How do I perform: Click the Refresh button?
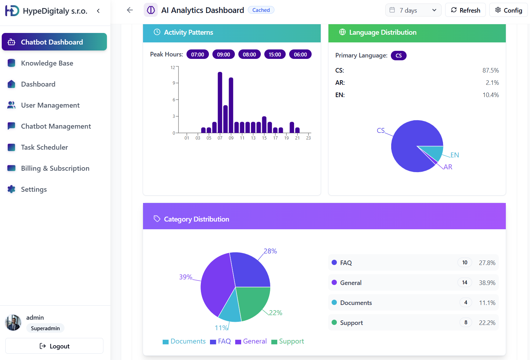tap(465, 10)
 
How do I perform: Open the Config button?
tap(508, 10)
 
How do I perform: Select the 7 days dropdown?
tap(413, 10)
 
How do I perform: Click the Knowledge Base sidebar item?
tap(47, 63)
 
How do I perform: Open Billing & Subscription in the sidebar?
tap(55, 168)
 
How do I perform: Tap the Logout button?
tap(54, 346)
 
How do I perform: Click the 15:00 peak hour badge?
tap(275, 54)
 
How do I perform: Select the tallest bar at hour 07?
tap(220, 102)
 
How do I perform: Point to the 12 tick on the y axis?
tap(172, 67)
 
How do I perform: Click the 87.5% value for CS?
tap(490, 70)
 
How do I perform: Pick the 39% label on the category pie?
tap(185, 277)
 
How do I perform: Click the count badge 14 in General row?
tap(464, 283)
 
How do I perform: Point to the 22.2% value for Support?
tap(487, 323)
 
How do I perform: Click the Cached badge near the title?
tap(261, 10)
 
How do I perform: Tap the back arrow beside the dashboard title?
tap(130, 10)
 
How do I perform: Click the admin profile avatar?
tap(13, 322)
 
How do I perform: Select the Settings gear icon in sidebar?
tap(12, 189)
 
